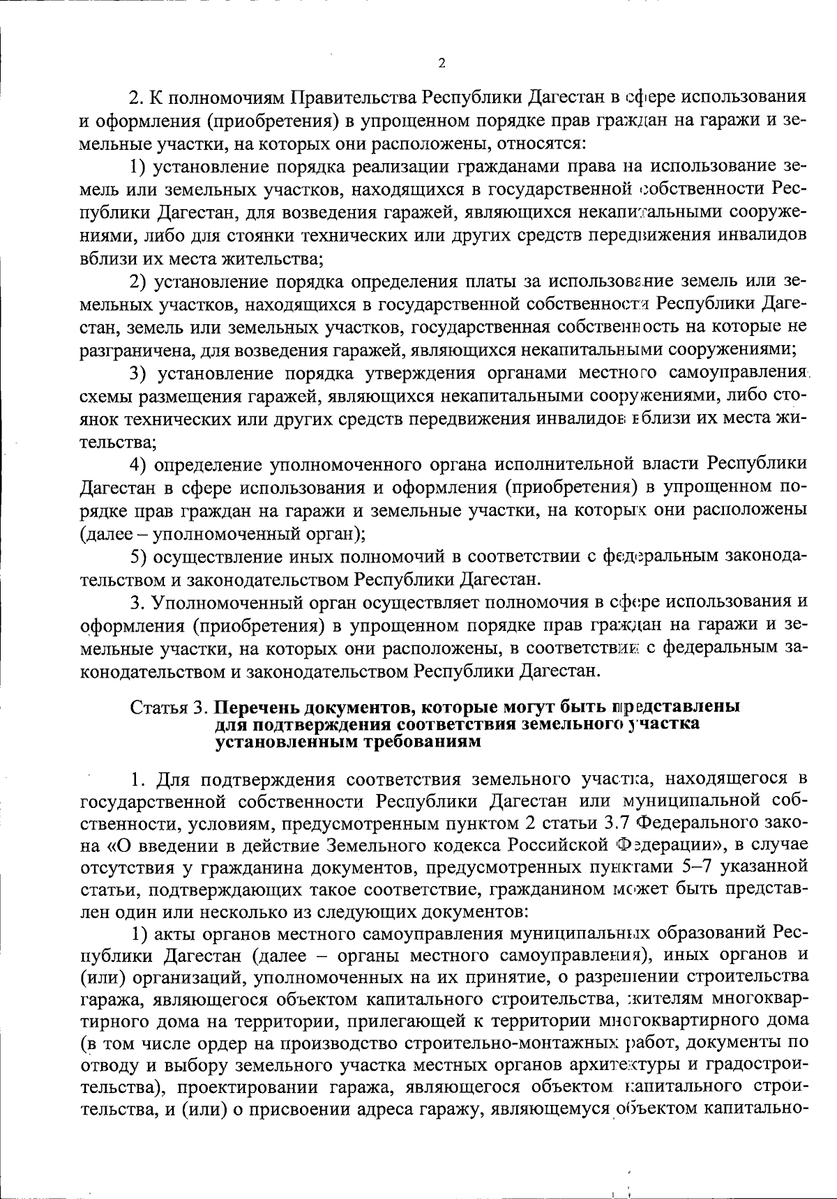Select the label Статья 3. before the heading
click(x=170, y=707)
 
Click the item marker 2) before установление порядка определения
click(x=139, y=282)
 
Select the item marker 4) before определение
click(x=139, y=465)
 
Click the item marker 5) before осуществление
click(x=139, y=557)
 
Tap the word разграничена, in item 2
click(x=128, y=350)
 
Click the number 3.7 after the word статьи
click(x=619, y=822)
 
